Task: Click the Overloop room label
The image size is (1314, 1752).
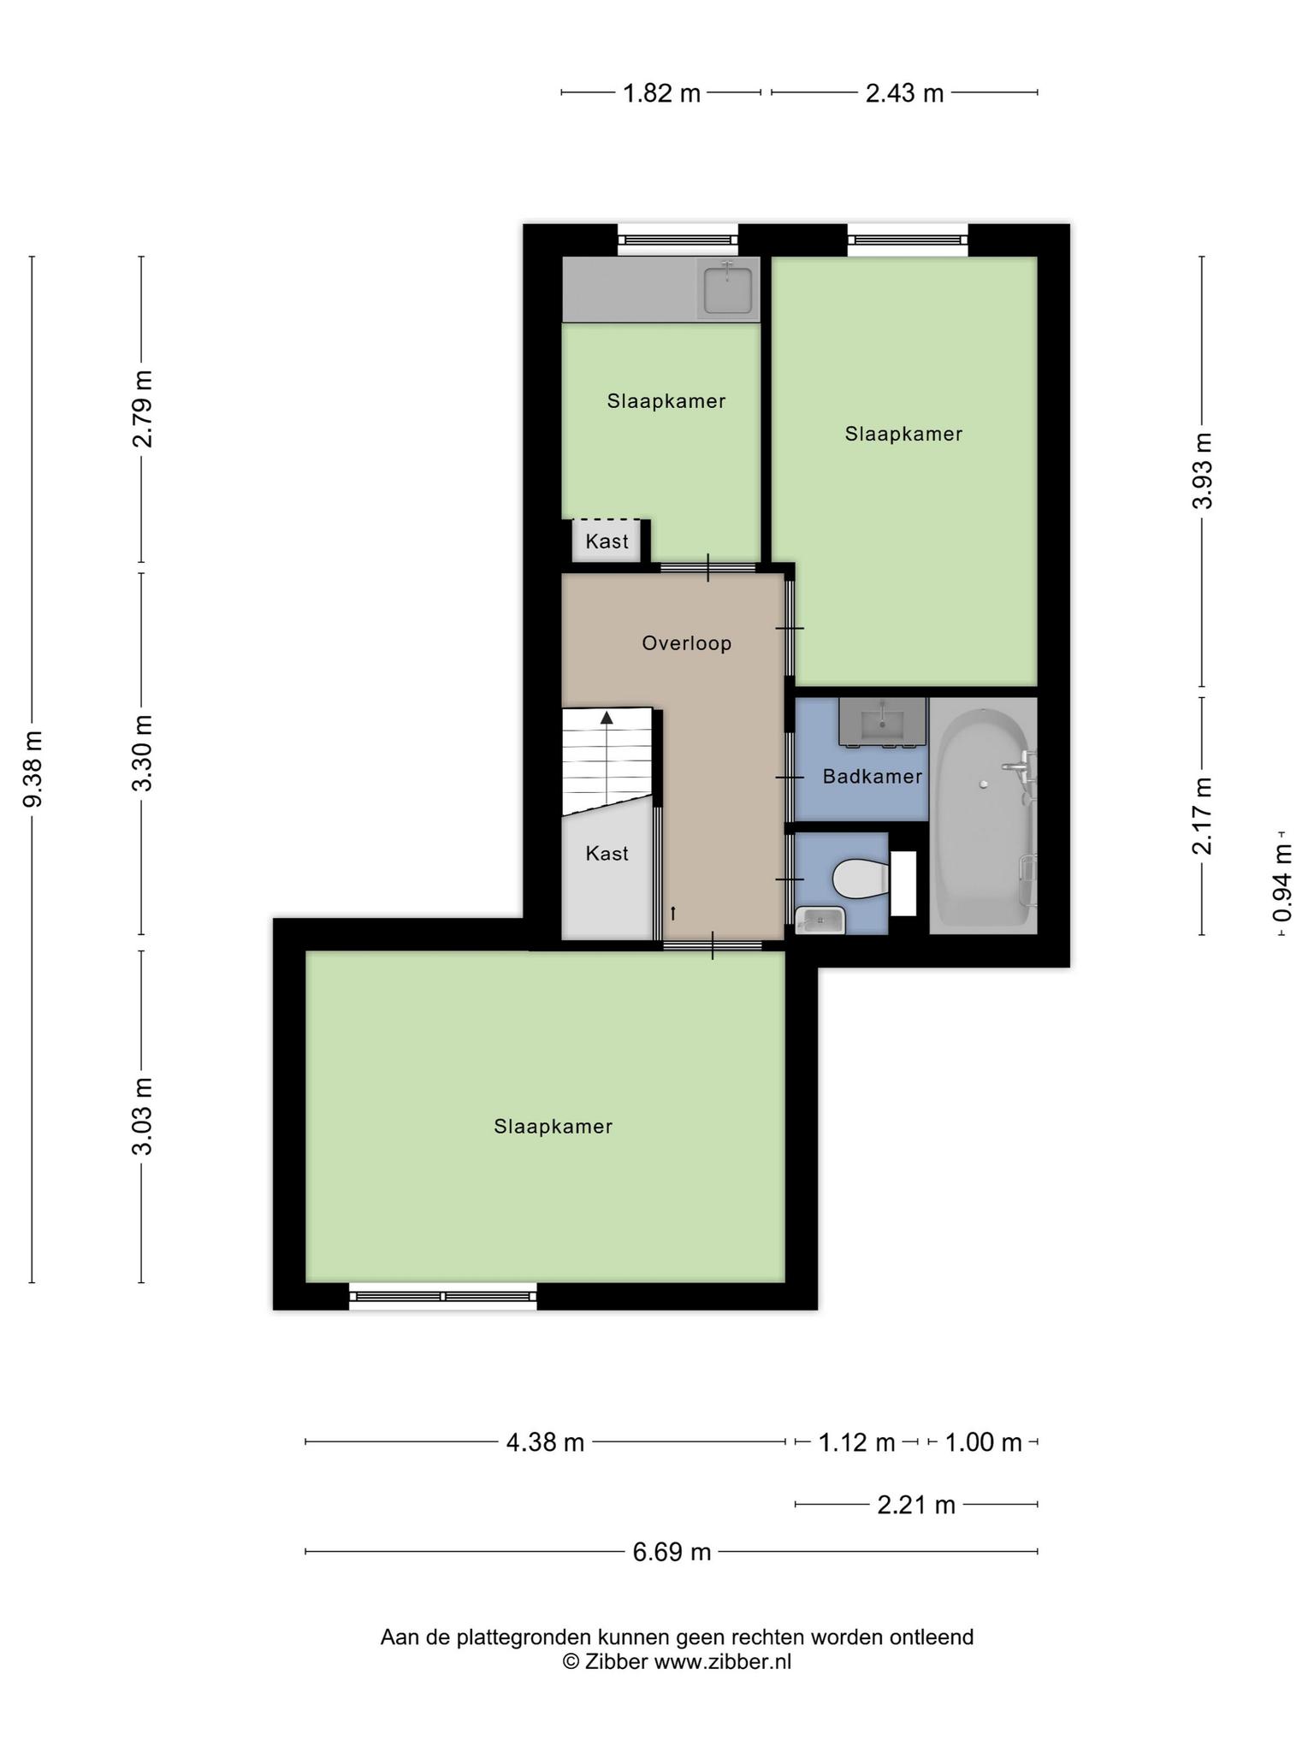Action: (x=687, y=643)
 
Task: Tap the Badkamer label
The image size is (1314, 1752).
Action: (x=873, y=777)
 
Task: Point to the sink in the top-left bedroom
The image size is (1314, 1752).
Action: (x=728, y=289)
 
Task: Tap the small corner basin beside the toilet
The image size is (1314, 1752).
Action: (x=820, y=920)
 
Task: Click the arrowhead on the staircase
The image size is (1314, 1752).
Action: (x=607, y=718)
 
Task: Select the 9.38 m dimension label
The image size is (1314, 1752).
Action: (x=33, y=769)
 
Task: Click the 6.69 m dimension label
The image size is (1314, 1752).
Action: (x=672, y=1552)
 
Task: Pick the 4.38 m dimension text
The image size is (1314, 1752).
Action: (x=545, y=1443)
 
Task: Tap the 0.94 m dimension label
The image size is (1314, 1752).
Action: (x=1282, y=883)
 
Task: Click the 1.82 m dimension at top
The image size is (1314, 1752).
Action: (x=661, y=93)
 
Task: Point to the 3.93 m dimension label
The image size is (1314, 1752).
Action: (x=1203, y=471)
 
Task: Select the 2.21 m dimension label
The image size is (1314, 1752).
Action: (x=916, y=1505)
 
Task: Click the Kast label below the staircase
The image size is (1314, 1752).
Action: (x=607, y=854)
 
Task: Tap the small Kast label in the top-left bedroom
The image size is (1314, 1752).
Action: (x=607, y=542)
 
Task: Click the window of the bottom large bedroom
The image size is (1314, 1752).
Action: (x=443, y=1296)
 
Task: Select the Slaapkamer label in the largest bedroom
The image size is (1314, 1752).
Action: (x=553, y=1127)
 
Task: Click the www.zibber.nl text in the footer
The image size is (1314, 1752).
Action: (x=723, y=1662)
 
